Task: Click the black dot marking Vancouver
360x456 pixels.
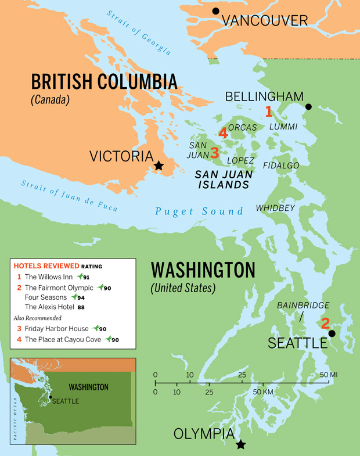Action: (216, 11)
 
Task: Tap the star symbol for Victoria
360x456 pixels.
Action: (158, 166)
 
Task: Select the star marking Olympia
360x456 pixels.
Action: (240, 445)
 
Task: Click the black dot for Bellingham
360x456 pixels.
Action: (308, 107)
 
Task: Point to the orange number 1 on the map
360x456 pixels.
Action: (269, 111)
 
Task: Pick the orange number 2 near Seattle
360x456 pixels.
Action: (325, 324)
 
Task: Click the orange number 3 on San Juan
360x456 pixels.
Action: (214, 153)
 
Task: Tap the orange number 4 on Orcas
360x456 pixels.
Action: (222, 133)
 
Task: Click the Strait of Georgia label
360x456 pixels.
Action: (139, 33)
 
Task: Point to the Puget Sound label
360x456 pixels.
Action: (199, 211)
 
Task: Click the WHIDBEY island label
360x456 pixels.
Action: (276, 208)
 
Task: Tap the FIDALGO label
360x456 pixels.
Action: (281, 166)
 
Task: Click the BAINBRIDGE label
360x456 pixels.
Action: (303, 305)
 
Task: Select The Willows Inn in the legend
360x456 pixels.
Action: (49, 277)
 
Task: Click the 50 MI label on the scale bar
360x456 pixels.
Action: (329, 375)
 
